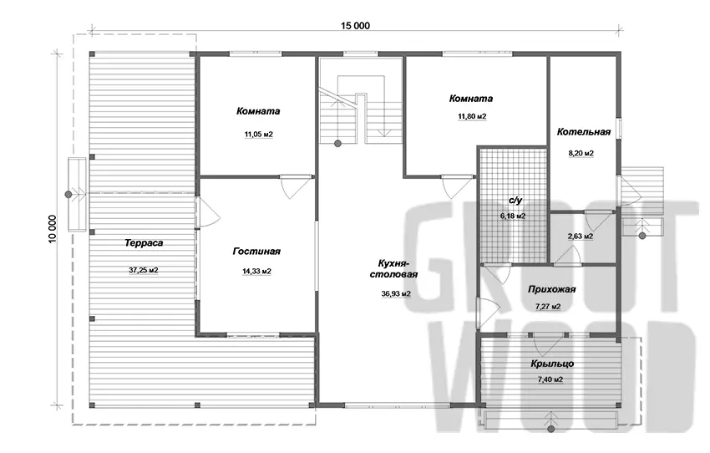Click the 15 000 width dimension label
pyautogui.click(x=355, y=26)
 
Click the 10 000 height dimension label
pyautogui.click(x=53, y=229)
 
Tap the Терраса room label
pyautogui.click(x=144, y=243)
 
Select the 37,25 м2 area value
pyautogui.click(x=144, y=271)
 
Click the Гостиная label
pyautogui.click(x=256, y=252)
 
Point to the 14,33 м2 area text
pyautogui.click(x=256, y=272)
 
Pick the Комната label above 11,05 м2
pyautogui.click(x=258, y=111)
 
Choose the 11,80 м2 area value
pyautogui.click(x=472, y=117)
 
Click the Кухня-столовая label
pyautogui.click(x=394, y=268)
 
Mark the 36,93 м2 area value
pyautogui.click(x=396, y=294)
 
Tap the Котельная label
pyautogui.click(x=584, y=132)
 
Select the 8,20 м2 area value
pyautogui.click(x=581, y=154)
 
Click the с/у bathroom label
pyautogui.click(x=515, y=201)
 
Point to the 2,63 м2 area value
pyautogui.click(x=581, y=237)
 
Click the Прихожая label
pyautogui.click(x=551, y=289)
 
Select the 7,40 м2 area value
pyautogui.click(x=550, y=379)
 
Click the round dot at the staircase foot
pyautogui.click(x=337, y=144)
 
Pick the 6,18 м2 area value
pyautogui.click(x=513, y=216)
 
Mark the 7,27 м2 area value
pyautogui.click(x=548, y=307)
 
